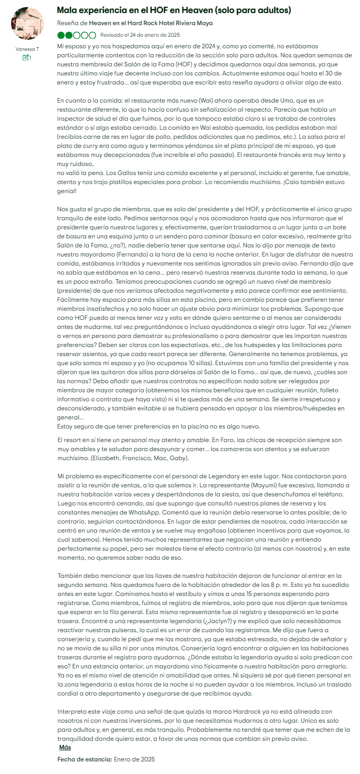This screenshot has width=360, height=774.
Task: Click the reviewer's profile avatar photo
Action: click(27, 24)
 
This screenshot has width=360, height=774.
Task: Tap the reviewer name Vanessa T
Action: click(27, 49)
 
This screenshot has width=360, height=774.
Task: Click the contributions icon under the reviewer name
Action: click(25, 58)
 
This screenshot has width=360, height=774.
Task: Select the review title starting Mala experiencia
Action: click(174, 10)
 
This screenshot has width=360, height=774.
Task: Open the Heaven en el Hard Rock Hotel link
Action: click(150, 23)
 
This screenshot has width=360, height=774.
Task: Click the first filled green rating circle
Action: click(61, 35)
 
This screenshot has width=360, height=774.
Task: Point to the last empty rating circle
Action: click(92, 35)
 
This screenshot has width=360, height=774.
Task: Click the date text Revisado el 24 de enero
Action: click(140, 35)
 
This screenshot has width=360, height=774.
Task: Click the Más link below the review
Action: click(65, 747)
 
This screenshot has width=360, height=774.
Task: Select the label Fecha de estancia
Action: click(84, 759)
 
